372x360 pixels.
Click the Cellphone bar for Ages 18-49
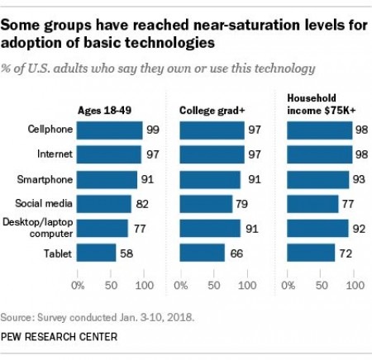tap(109, 130)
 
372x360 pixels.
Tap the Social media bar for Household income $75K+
tap(311, 203)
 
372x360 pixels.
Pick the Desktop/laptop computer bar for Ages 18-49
tap(103, 228)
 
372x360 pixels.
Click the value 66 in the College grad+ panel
tap(236, 252)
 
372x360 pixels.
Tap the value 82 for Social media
tap(142, 203)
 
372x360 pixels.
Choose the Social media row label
tap(45, 203)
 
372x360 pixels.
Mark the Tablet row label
tap(55, 252)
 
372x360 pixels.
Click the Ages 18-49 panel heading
tap(107, 110)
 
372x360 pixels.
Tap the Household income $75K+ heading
tap(321, 104)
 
